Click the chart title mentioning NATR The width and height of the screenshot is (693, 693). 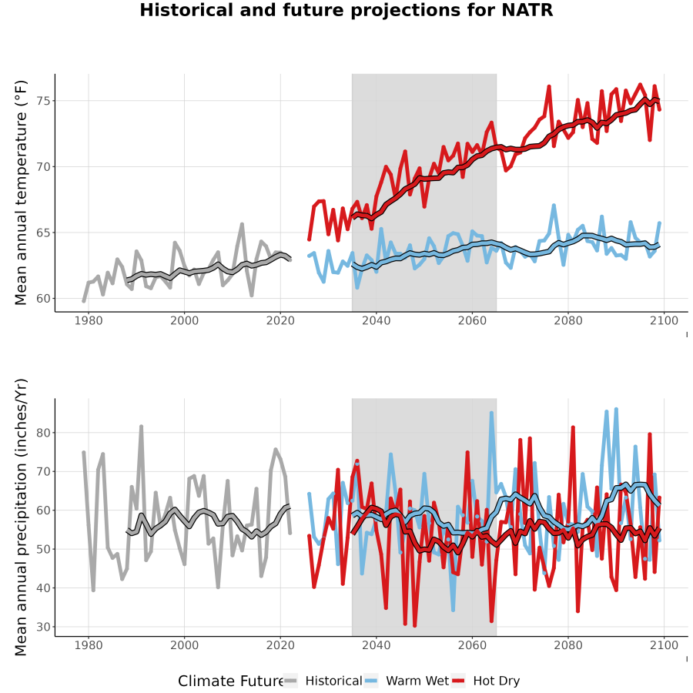[x=346, y=10]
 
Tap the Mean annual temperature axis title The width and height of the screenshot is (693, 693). [x=21, y=192]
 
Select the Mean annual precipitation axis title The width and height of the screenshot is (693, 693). [x=21, y=517]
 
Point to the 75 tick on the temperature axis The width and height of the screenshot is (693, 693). [x=43, y=101]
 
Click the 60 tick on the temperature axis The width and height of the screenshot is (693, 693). [x=43, y=298]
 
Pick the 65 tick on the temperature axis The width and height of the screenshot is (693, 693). [x=43, y=233]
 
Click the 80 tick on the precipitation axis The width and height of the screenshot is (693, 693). [x=43, y=433]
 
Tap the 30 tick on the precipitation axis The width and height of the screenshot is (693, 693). [x=43, y=627]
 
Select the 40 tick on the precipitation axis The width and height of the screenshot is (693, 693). [x=43, y=588]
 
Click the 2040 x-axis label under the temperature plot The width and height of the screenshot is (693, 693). [x=376, y=320]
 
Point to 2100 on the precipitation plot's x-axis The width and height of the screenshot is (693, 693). [x=664, y=645]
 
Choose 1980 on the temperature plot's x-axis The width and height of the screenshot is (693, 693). [x=89, y=320]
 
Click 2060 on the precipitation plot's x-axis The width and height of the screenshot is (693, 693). [x=472, y=645]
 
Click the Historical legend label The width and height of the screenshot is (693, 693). [x=333, y=681]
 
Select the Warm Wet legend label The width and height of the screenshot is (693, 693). [x=417, y=681]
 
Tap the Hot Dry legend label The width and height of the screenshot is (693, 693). [x=497, y=681]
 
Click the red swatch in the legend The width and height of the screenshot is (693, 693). [x=459, y=681]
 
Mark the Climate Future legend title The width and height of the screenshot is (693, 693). [x=231, y=681]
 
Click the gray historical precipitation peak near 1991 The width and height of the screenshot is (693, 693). [x=142, y=427]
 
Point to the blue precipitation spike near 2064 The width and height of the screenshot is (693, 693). [x=491, y=413]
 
